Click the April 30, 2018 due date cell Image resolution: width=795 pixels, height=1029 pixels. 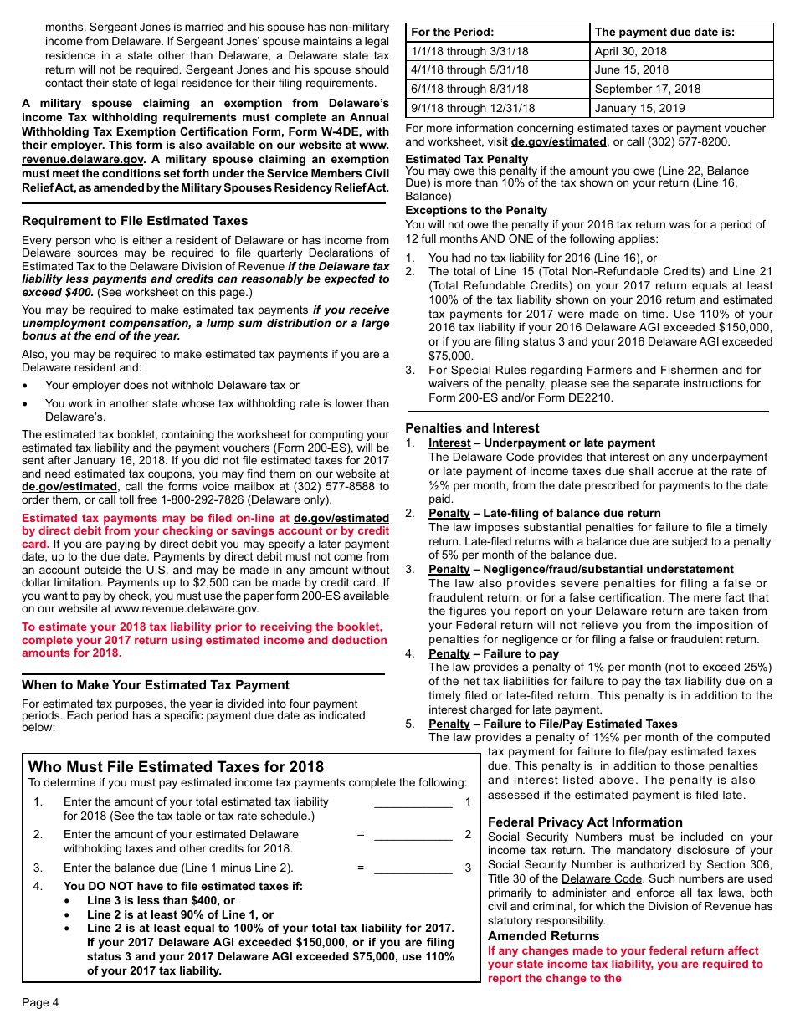(681, 51)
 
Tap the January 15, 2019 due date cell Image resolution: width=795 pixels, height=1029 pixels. (681, 108)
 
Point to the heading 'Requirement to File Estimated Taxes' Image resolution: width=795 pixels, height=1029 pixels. (135, 221)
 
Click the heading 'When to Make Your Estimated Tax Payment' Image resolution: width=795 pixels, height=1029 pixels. (156, 684)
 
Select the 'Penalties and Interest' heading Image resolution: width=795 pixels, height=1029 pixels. (472, 427)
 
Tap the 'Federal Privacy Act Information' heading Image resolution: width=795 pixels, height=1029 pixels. (585, 822)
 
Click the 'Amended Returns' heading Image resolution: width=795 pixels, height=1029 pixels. (543, 936)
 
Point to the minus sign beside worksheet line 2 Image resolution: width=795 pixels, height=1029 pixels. (361, 835)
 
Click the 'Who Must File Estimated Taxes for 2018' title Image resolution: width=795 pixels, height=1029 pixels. (176, 767)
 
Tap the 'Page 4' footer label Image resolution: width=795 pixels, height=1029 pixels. (40, 1002)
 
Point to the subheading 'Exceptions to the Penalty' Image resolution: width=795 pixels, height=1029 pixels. (476, 211)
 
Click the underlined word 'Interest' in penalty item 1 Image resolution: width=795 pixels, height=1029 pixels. (449, 443)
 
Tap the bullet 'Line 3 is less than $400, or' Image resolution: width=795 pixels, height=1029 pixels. (161, 901)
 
